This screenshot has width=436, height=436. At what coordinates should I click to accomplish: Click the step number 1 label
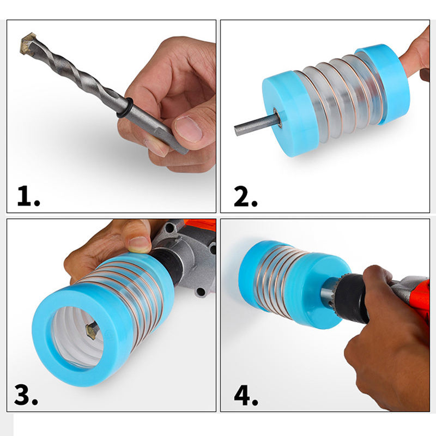pos(29,196)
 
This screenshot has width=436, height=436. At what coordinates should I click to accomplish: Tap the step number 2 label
pos(246,196)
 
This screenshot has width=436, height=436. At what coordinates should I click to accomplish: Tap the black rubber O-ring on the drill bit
pos(124,108)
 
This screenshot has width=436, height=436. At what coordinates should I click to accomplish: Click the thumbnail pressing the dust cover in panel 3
pos(139,244)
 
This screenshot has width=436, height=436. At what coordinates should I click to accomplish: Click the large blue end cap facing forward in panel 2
pos(290,114)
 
